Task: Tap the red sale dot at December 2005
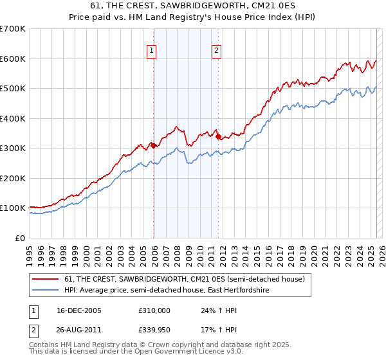click(x=154, y=146)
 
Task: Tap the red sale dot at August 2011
click(x=219, y=137)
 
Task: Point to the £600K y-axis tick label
click(x=13, y=59)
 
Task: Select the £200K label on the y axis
click(x=13, y=178)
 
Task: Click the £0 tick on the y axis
click(x=20, y=238)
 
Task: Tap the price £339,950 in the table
click(x=154, y=332)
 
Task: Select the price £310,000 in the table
click(x=154, y=310)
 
